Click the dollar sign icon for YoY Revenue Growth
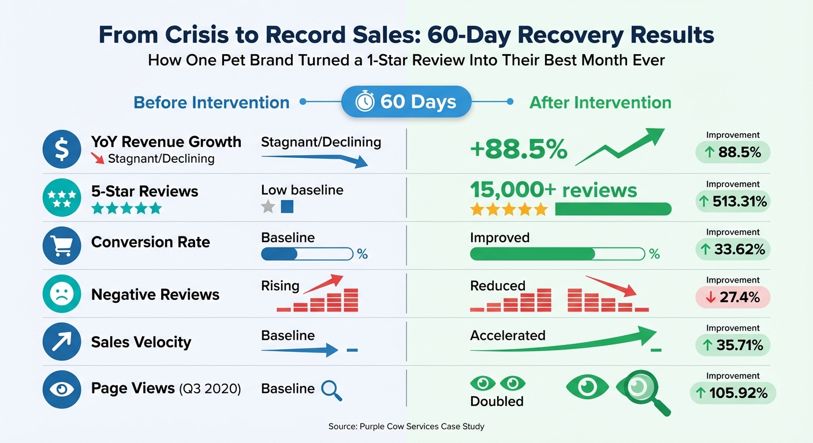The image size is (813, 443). tap(62, 149)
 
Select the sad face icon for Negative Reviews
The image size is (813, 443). tap(62, 294)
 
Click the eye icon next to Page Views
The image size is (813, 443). tap(62, 389)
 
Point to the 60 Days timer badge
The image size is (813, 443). tap(406, 102)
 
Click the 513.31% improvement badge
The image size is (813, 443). tap(732, 201)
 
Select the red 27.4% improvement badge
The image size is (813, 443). tap(732, 297)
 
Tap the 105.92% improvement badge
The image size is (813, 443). tap(732, 393)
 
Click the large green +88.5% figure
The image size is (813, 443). tap(519, 150)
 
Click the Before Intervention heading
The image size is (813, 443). tap(211, 103)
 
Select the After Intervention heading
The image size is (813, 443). tap(600, 103)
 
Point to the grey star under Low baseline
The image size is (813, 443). tap(268, 207)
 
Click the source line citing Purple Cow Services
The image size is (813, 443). tap(406, 426)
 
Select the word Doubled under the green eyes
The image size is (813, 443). tap(497, 401)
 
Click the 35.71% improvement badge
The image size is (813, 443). tap(732, 345)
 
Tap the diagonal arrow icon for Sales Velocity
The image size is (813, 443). tap(62, 341)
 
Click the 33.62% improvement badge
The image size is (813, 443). tap(732, 249)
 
